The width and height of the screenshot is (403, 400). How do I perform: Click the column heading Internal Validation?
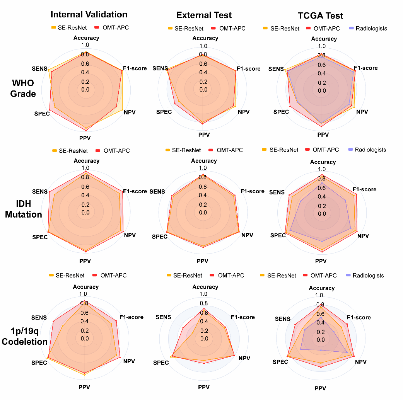point(89,15)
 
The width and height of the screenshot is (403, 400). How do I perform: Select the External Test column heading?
point(204,15)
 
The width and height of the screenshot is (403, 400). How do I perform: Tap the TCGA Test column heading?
point(321,15)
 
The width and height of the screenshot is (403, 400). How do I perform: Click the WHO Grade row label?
point(23,89)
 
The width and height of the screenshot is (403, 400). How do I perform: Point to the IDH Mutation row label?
point(23,209)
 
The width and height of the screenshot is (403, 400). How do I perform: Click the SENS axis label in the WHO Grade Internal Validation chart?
point(39,69)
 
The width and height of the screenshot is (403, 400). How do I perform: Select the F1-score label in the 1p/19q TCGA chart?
point(359,318)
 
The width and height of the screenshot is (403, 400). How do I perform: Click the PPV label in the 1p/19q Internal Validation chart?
point(84,386)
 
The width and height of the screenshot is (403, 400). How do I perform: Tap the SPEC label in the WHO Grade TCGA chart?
point(281,112)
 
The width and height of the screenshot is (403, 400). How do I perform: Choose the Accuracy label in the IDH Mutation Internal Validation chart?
point(86,161)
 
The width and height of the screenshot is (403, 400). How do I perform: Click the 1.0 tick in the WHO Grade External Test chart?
point(203,46)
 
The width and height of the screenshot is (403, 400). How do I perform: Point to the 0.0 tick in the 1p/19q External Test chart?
point(204,339)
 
